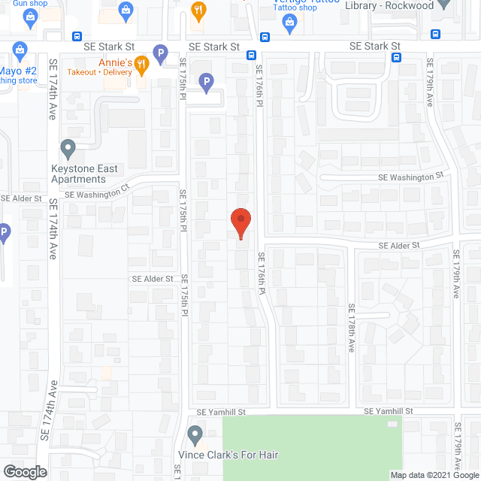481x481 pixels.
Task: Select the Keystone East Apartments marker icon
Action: pyautogui.click(x=68, y=147)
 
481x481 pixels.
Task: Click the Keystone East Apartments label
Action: pyautogui.click(x=84, y=174)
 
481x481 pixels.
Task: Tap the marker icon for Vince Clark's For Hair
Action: pyautogui.click(x=195, y=434)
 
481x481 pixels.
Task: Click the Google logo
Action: pyautogui.click(x=24, y=471)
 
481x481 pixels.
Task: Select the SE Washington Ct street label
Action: pyautogui.click(x=98, y=194)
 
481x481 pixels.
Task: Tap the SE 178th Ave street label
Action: pyautogui.click(x=351, y=328)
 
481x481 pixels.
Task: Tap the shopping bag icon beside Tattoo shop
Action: pyautogui.click(x=289, y=23)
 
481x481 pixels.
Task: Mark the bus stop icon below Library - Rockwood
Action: pyautogui.click(x=436, y=34)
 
